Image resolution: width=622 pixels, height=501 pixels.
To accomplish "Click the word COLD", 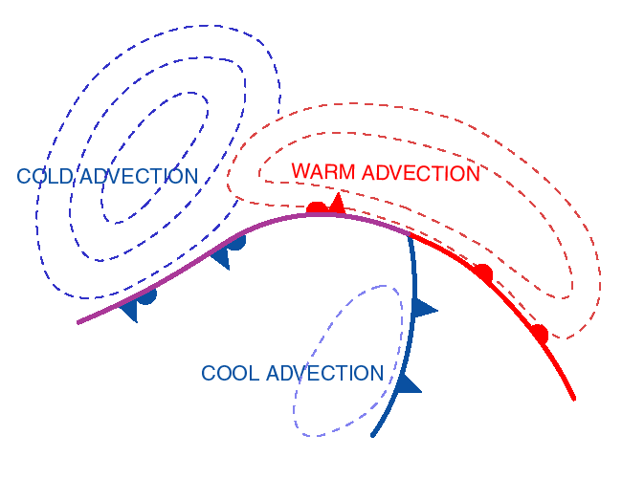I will (45, 177).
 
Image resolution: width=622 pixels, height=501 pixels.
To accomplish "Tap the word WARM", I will (323, 173).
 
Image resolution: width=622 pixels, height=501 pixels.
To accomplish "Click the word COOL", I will (230, 374).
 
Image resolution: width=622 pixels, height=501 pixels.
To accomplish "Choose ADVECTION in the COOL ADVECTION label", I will (325, 374).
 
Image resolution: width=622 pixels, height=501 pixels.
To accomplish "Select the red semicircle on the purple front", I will (316, 207).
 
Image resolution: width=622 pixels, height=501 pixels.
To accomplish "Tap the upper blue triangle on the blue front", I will (423, 308).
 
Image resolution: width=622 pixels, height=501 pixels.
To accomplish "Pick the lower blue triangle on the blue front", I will (409, 384).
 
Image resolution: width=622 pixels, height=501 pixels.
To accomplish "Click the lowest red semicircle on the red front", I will (539, 334).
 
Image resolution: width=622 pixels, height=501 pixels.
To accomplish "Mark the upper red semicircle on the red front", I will (483, 273).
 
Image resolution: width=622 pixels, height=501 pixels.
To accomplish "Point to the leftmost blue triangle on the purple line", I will (128, 310).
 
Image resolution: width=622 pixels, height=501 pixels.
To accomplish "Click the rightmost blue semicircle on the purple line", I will (235, 242).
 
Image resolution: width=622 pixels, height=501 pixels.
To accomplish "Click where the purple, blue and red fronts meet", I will (410, 234).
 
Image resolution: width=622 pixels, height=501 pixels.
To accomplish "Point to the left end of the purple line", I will (78, 322).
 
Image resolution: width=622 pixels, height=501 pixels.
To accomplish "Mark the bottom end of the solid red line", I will (574, 399).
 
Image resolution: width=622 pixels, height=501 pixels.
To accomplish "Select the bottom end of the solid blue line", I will (372, 436).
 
